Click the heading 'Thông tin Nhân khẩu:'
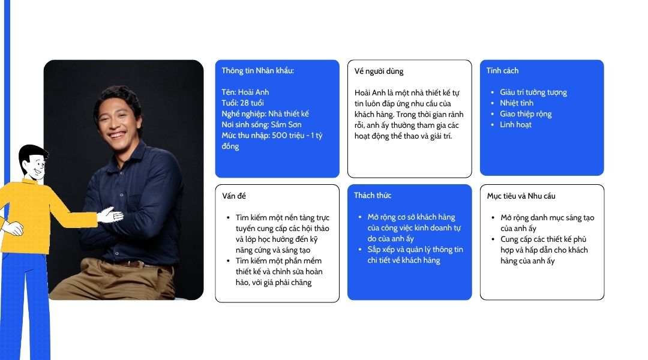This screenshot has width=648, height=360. click(x=257, y=71)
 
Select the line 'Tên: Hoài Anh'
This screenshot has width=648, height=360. click(x=245, y=92)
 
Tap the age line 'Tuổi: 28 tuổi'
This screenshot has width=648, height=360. click(x=242, y=103)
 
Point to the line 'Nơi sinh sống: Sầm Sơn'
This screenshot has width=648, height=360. click(x=262, y=124)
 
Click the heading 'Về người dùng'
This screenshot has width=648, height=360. click(x=379, y=71)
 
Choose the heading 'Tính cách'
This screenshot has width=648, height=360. click(x=503, y=71)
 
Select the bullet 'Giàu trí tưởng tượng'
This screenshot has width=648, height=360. click(x=533, y=92)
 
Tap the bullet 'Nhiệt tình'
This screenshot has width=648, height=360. click(x=517, y=103)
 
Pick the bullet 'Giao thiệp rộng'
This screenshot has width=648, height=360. click(x=526, y=113)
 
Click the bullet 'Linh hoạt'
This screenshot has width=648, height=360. click(x=516, y=124)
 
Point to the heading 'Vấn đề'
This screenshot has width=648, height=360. click(x=234, y=196)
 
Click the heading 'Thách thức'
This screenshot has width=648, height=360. click(x=373, y=196)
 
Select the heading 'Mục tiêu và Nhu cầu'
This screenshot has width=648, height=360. click(x=521, y=196)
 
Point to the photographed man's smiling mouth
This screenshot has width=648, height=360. click(x=116, y=135)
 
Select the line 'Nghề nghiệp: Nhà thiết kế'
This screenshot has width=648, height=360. click(x=265, y=113)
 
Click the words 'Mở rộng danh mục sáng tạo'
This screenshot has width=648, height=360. click(x=547, y=217)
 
